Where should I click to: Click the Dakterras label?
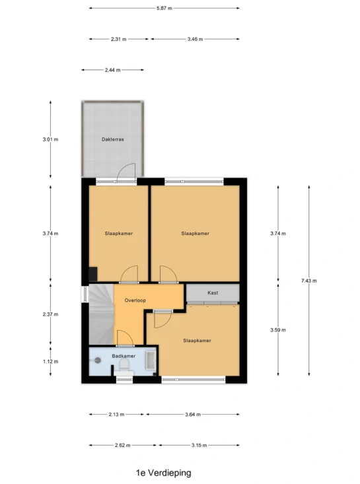click(113, 139)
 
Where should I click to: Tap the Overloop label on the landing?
click(135, 300)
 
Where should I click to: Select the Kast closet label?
click(213, 293)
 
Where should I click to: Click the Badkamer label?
click(124, 356)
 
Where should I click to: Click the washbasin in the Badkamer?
click(151, 360)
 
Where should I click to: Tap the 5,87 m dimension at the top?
click(164, 9)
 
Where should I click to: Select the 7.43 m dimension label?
click(309, 281)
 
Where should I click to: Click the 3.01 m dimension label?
click(50, 139)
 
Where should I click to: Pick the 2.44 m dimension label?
click(113, 70)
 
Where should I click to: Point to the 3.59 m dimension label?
click(278, 330)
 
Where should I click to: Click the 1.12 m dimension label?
click(51, 361)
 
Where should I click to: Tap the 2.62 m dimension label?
click(123, 446)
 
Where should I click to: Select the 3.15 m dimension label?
click(199, 446)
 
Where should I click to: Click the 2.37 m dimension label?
click(51, 314)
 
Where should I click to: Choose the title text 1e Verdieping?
click(164, 473)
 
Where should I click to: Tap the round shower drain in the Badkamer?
click(98, 360)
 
